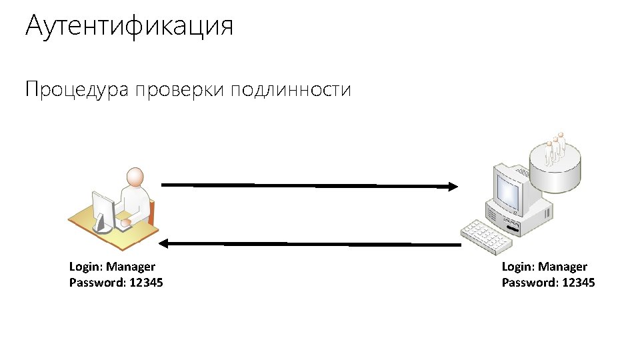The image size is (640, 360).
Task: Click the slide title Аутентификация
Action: pyautogui.click(x=129, y=27)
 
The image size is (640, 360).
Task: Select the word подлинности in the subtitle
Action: pyautogui.click(x=291, y=90)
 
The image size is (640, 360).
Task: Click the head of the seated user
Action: pyautogui.click(x=135, y=177)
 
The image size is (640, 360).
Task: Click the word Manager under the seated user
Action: pyautogui.click(x=131, y=267)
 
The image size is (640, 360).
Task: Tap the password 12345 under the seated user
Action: pyautogui.click(x=145, y=283)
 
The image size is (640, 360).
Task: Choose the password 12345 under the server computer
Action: pyautogui.click(x=578, y=283)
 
